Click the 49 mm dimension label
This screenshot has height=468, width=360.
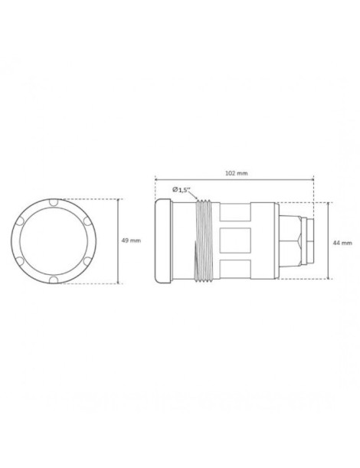131,241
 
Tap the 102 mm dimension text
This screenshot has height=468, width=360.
237,173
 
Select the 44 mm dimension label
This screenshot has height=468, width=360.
342,242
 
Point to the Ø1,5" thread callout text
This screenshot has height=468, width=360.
184,188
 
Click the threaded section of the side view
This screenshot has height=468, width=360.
203,241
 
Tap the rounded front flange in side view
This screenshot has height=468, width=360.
162,241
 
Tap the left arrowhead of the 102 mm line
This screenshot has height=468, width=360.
157,180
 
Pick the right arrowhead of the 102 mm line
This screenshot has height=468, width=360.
313,180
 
